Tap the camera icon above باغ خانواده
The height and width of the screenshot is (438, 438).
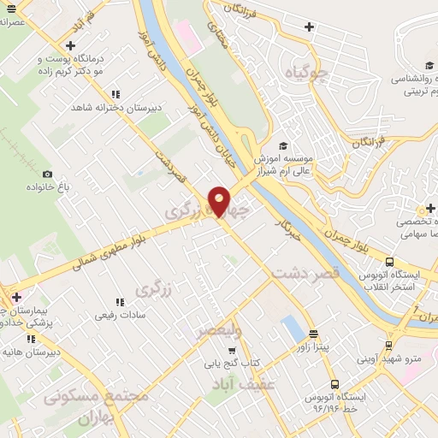pos(46,174)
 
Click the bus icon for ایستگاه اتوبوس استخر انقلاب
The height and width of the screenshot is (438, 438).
pos(389,262)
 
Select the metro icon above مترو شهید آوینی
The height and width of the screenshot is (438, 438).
pos(389,346)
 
